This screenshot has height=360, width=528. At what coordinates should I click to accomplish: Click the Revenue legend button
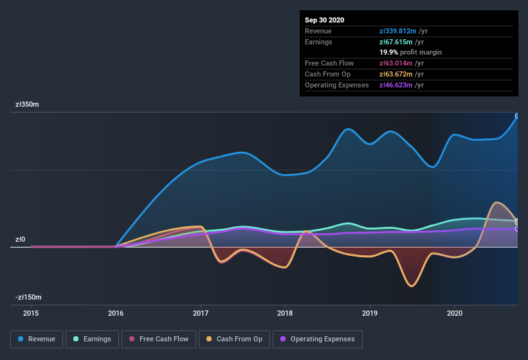pos(37,339)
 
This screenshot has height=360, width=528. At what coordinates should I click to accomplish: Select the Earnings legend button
pos(92,339)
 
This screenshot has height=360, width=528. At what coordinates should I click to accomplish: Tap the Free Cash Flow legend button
pos(158,339)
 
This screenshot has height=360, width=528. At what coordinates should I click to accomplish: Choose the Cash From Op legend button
pos(234,339)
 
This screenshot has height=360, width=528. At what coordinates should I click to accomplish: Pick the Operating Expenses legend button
pos(318,339)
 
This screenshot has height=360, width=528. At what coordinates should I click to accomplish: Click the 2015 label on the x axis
pos(31,314)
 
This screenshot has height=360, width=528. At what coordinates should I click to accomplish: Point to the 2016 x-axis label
pos(116,314)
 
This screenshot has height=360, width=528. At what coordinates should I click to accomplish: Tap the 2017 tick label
pos(201,314)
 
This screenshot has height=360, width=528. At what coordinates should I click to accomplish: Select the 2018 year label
pos(285,314)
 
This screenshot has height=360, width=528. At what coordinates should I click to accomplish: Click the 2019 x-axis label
pos(370,314)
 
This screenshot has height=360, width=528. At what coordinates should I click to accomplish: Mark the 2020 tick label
pos(454,314)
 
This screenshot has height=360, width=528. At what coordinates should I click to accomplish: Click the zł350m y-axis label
pos(28,104)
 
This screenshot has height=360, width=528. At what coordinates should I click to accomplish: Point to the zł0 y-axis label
pos(20,240)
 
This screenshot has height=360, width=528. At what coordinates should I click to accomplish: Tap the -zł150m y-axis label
pos(29,297)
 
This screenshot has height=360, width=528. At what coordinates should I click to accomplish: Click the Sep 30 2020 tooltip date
pos(325,20)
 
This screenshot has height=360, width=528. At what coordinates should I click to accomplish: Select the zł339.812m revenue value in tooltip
pos(401,31)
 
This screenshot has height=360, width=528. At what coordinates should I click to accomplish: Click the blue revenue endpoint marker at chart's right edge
pos(517,116)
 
